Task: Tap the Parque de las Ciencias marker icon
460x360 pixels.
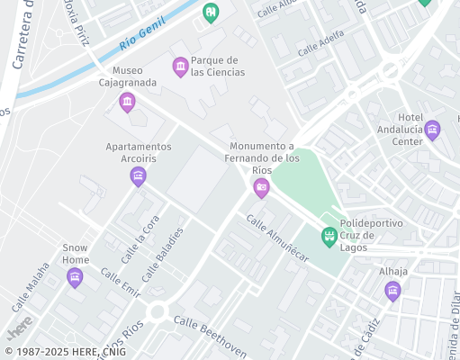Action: point(180,66)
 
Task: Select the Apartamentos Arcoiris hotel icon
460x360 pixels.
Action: point(138,175)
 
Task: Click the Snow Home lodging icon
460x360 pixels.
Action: point(75,276)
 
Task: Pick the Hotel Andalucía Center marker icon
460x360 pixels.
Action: point(432,130)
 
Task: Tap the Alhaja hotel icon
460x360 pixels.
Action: point(392,290)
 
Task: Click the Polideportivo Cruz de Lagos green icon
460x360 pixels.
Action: point(329,237)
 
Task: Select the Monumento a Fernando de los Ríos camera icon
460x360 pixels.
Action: point(261,187)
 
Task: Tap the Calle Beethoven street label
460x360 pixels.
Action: point(210,335)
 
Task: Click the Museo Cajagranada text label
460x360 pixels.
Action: point(127,76)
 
